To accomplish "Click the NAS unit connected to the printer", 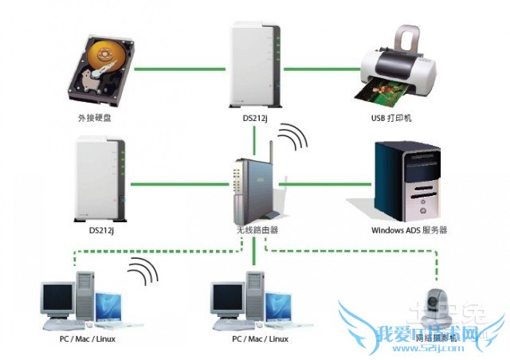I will click(x=255, y=62).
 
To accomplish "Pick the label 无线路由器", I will click(x=257, y=229).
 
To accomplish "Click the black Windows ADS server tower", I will click(x=405, y=181).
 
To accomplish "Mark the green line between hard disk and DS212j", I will click(x=180, y=68).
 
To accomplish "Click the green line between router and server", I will click(x=327, y=184).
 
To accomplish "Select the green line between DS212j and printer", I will click(x=319, y=68).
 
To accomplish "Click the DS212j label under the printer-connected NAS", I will click(x=256, y=117).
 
